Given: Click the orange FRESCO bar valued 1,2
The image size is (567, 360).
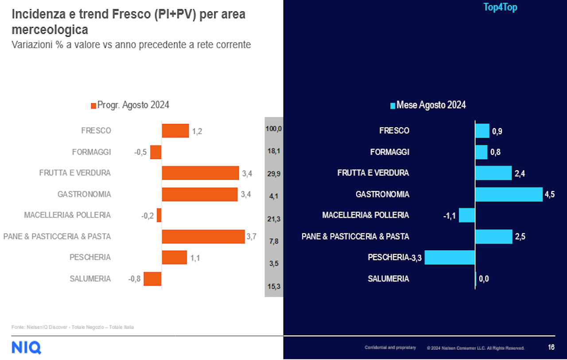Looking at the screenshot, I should (175, 131).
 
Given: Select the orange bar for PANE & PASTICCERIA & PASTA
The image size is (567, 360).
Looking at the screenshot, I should (203, 236).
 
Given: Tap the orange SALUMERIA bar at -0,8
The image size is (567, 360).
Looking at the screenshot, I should (152, 279).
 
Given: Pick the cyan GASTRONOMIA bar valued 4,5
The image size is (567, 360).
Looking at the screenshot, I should (509, 194).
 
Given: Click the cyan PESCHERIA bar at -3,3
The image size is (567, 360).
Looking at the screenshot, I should (450, 257).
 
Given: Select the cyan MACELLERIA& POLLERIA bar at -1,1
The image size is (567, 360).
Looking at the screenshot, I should (467, 215).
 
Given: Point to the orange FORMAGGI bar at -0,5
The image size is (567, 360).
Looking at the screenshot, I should (156, 152).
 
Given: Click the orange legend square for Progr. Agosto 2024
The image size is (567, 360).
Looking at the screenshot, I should (93, 105).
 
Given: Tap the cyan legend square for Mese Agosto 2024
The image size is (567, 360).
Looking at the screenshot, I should (392, 105).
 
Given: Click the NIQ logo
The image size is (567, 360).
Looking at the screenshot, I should (26, 347).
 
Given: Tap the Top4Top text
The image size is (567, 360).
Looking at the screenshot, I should (500, 8).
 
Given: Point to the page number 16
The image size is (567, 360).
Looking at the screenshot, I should (551, 347).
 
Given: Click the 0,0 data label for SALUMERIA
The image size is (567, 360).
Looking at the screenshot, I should (484, 279).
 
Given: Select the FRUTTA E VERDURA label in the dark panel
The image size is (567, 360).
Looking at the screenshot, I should (373, 173).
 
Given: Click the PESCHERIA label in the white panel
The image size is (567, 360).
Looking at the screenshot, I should (90, 257).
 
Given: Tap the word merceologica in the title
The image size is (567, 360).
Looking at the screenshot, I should (50, 30).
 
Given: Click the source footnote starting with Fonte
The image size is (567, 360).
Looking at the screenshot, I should (73, 327).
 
